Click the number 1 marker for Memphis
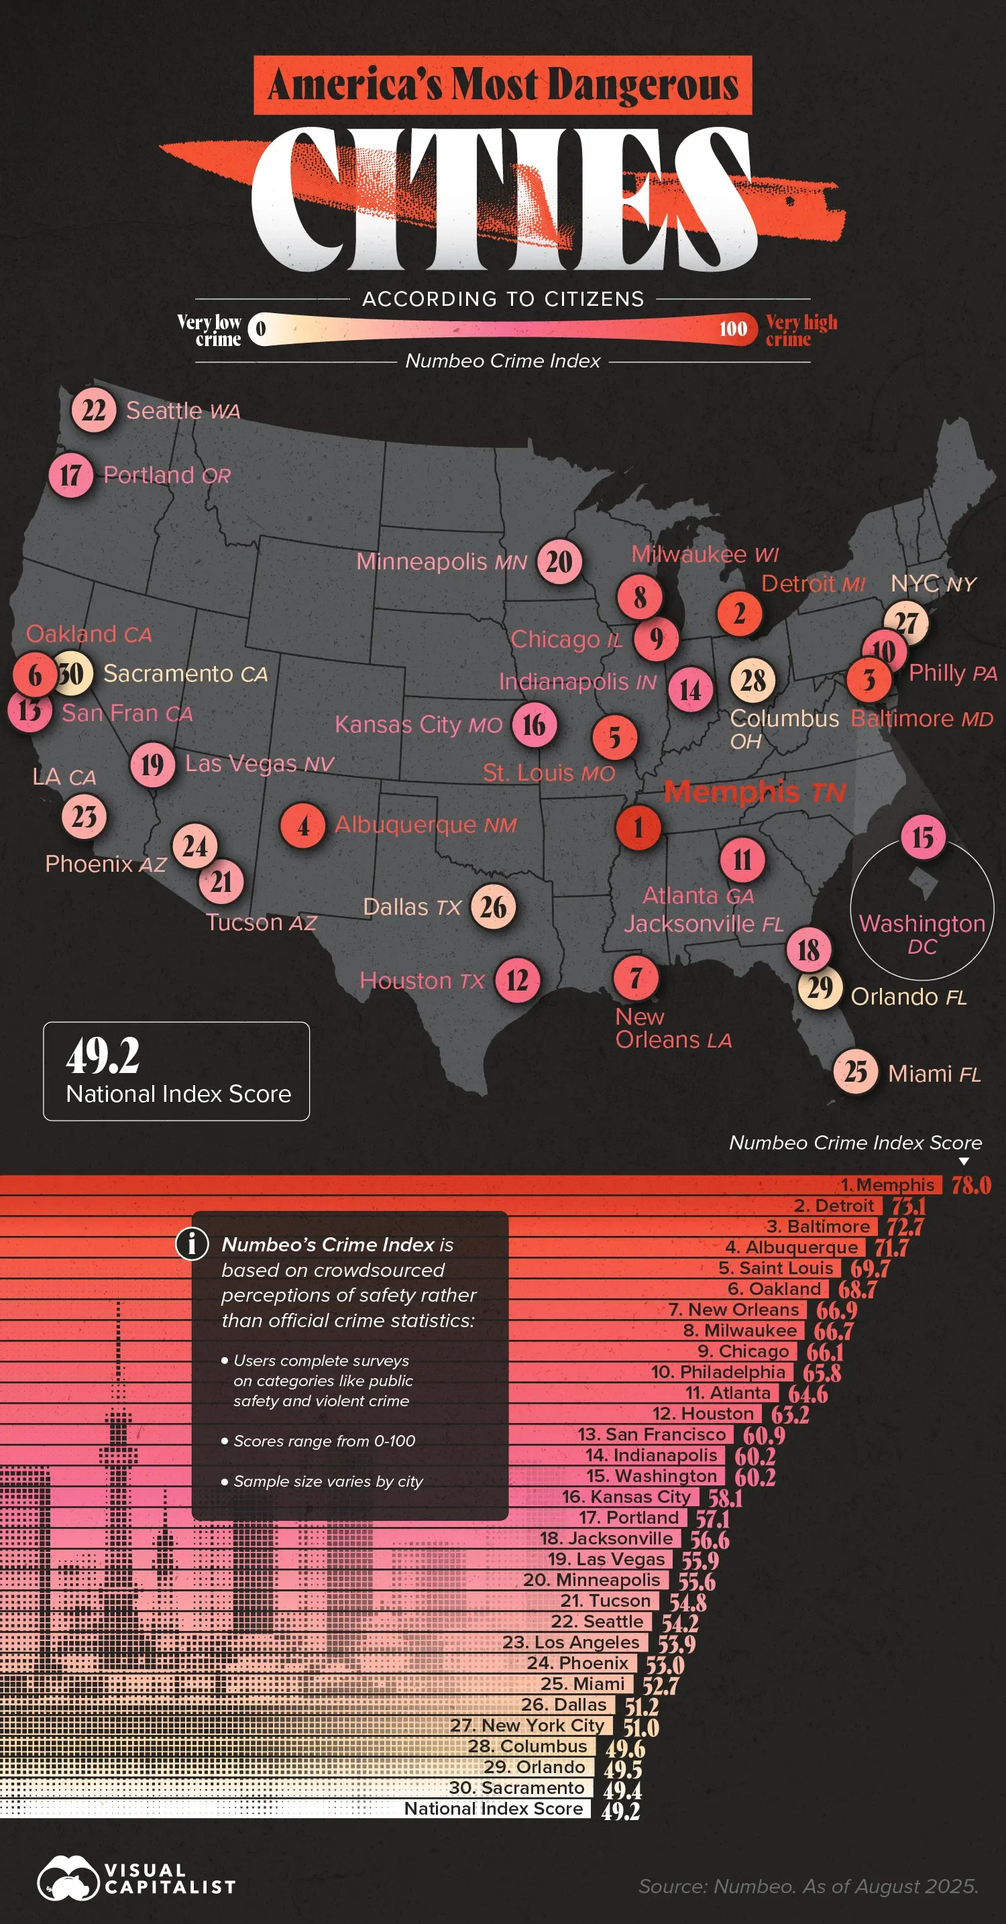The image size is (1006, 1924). click(x=638, y=828)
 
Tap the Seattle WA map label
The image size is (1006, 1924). click(x=183, y=411)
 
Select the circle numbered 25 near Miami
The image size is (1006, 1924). click(x=855, y=1072)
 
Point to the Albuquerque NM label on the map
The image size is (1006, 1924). click(x=425, y=825)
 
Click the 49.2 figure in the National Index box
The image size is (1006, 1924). click(x=103, y=1056)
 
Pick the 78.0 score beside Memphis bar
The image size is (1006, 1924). click(x=971, y=1186)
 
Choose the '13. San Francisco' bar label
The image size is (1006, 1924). click(x=651, y=1434)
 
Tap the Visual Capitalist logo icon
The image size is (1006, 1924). click(x=68, y=1878)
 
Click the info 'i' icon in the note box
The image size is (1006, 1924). click(x=192, y=1244)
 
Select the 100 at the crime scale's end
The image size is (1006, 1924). click(x=732, y=329)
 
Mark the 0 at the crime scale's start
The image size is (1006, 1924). click(x=261, y=329)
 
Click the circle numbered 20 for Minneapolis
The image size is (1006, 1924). click(x=559, y=562)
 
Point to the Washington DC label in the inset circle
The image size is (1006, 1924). click(x=922, y=933)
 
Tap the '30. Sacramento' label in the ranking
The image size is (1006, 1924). click(x=517, y=1787)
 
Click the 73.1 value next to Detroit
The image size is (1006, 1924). click(x=909, y=1206)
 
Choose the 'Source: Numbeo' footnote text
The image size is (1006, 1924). click(x=808, y=1886)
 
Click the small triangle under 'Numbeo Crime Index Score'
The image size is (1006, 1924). click(x=964, y=1162)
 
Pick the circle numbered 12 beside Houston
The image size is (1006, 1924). click(x=517, y=980)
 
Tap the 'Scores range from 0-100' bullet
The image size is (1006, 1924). click(x=324, y=1440)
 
